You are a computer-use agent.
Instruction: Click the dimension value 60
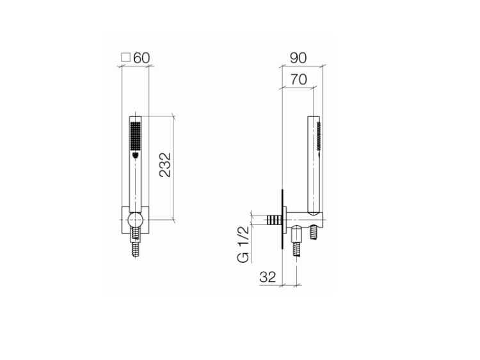(x=141, y=58)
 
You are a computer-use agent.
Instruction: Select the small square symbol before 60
(x=126, y=58)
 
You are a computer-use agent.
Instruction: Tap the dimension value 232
(x=165, y=165)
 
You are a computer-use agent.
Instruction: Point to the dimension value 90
(x=298, y=58)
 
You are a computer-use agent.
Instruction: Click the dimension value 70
(x=298, y=79)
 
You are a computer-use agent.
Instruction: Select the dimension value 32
(x=268, y=277)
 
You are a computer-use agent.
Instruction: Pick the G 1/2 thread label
(x=243, y=245)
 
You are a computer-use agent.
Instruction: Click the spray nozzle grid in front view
(x=135, y=136)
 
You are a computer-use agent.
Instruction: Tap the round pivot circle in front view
(x=135, y=220)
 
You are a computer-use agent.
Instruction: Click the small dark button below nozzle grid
(x=136, y=155)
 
